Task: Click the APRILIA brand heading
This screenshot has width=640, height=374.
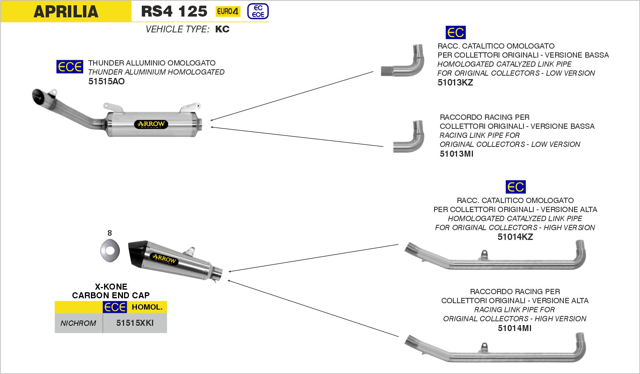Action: coord(66,11)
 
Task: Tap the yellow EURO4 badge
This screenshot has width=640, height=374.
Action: coord(228,12)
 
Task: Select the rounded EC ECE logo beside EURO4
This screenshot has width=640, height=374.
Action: coord(258,11)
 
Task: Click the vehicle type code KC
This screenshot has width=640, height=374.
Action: coord(222,29)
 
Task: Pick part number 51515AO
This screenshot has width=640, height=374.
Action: coord(106,81)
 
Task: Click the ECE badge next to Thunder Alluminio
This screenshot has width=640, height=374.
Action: coord(70,67)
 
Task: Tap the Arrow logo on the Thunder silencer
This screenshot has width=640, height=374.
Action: coord(151,124)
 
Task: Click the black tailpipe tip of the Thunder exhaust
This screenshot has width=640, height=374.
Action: coord(38,97)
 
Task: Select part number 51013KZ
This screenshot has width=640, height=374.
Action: coord(455,82)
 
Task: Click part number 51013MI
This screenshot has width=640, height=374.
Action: coord(456,154)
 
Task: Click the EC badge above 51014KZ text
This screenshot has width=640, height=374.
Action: coord(515,187)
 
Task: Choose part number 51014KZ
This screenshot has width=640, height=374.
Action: coord(515,237)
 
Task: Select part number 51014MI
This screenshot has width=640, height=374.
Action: coord(514,328)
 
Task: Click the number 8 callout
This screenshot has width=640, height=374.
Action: coord(110,233)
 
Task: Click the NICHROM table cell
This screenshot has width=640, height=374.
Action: coord(78,323)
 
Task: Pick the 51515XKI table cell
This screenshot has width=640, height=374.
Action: coord(135,323)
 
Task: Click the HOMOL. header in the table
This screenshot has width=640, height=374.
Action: coord(147,307)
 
